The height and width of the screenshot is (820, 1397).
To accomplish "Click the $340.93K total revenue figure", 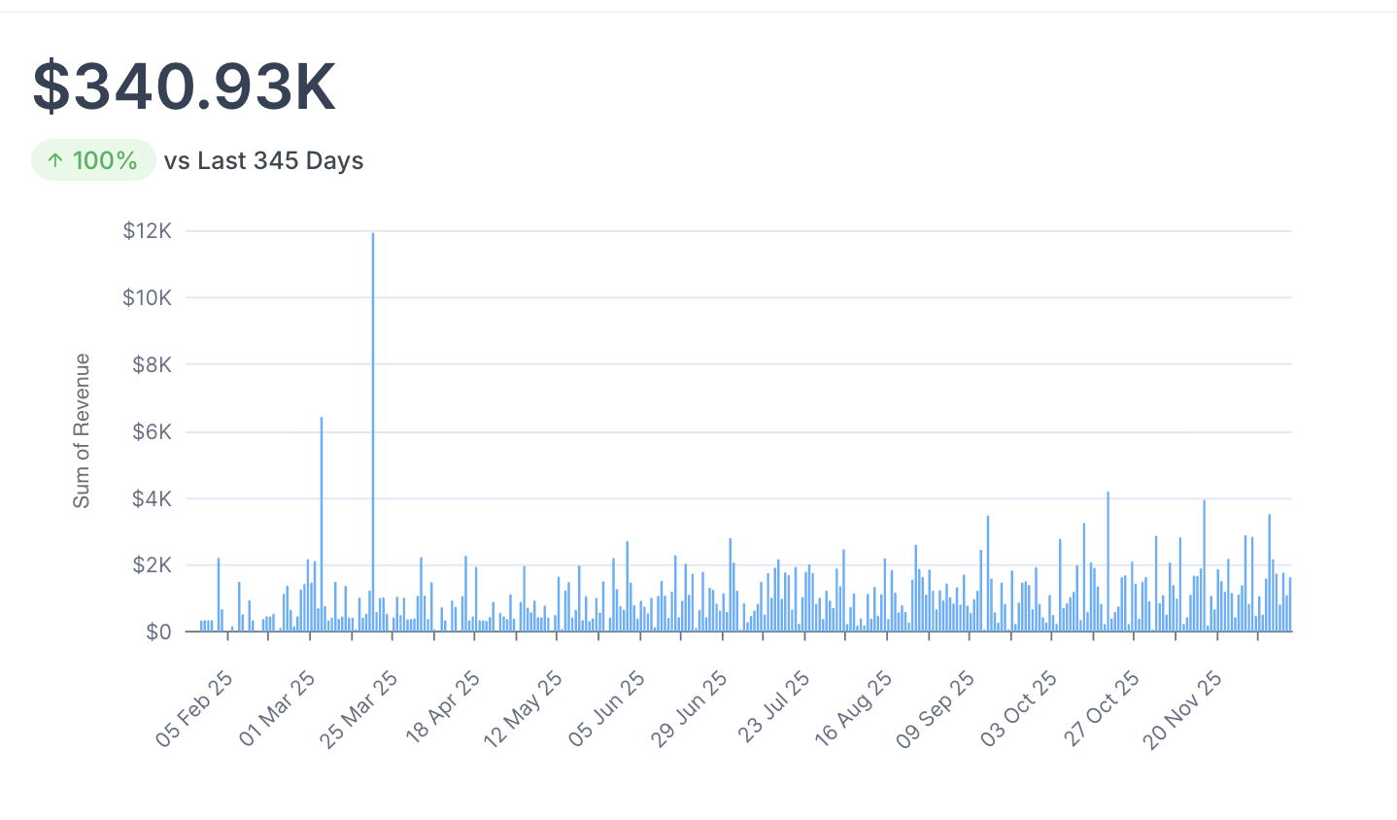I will coord(185,87).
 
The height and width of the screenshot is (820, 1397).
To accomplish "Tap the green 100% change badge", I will coord(93,160).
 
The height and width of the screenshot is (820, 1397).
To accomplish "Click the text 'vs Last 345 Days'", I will coord(263,160).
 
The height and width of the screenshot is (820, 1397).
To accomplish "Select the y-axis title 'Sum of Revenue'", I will coord(82,430).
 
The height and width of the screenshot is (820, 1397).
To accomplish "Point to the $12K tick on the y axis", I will coord(148,231).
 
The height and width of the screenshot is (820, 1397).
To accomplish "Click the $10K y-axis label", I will coord(148,298).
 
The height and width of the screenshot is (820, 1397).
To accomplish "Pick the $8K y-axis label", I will coord(153,365).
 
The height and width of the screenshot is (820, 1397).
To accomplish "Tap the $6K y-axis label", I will coord(153,432).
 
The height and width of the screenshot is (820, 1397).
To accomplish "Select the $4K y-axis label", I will coord(153,499).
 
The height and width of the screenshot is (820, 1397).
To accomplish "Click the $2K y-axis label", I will coord(153,565).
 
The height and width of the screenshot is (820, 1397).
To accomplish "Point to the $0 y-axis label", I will coord(158,632).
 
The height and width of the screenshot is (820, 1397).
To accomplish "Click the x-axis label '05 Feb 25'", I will coord(194,709).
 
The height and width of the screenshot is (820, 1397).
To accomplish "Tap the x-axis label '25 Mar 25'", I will coord(358,709).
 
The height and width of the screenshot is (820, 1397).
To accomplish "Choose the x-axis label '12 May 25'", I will coord(523,709).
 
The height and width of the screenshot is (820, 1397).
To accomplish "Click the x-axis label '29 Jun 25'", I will coord(689,709).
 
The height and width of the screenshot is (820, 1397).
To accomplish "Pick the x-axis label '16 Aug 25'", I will coord(853,709).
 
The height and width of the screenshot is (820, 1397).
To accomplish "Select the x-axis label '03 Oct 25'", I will coord(1018,709).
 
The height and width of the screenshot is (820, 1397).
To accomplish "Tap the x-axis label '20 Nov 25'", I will coord(1182,709).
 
